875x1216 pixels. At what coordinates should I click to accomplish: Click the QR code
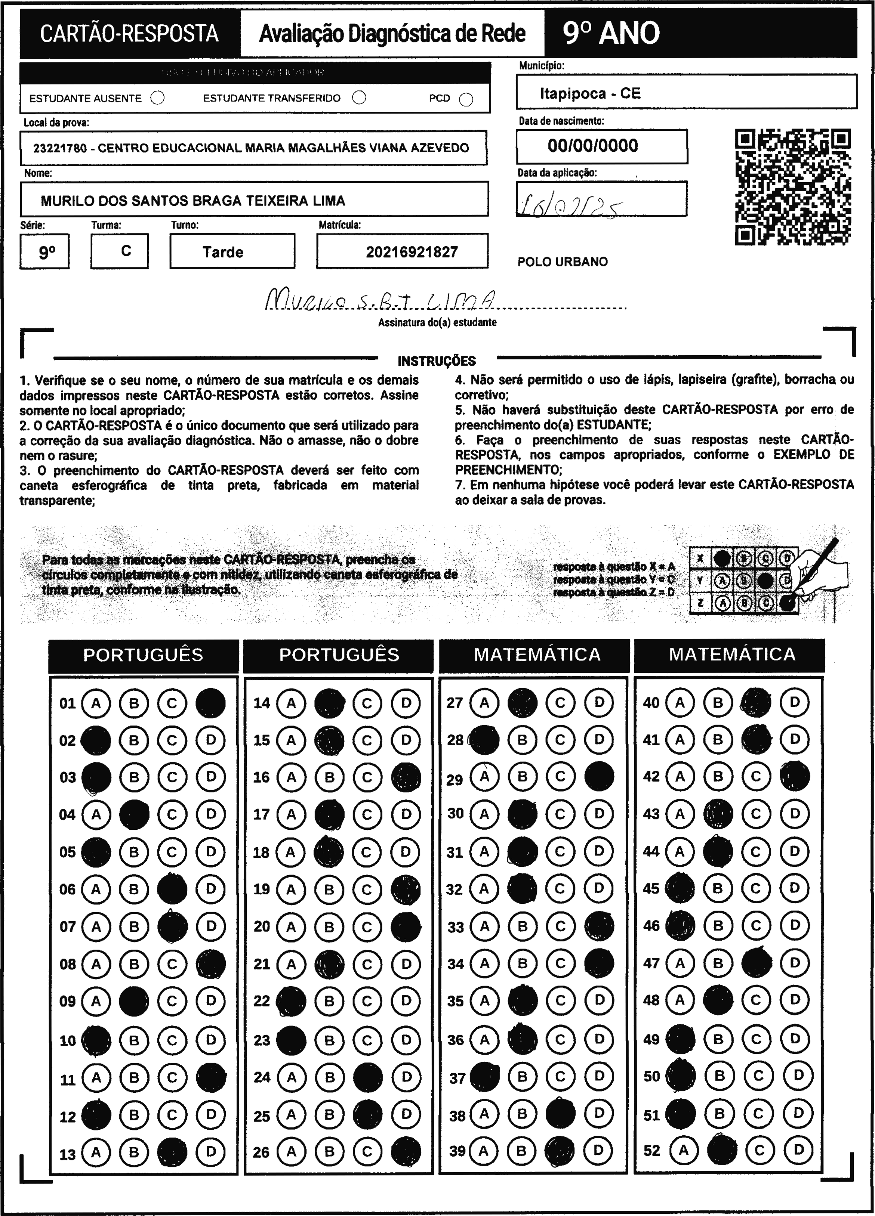point(792,187)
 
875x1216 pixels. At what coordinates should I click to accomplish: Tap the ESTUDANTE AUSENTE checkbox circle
point(158,98)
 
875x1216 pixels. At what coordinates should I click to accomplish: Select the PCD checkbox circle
point(466,100)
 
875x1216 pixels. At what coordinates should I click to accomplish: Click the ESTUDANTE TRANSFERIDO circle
point(359,98)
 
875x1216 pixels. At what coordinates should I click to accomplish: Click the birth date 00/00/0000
point(593,146)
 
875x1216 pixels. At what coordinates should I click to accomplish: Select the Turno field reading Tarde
point(223,252)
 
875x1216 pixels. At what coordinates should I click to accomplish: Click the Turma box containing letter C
point(126,251)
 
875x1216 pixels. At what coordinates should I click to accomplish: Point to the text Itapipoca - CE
point(590,94)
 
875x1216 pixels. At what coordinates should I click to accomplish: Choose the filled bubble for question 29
point(599,776)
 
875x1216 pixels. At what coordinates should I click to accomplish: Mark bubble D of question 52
point(799,1150)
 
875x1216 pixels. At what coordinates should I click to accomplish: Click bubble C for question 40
point(755,702)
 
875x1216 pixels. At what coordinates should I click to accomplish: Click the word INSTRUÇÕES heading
point(437,361)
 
